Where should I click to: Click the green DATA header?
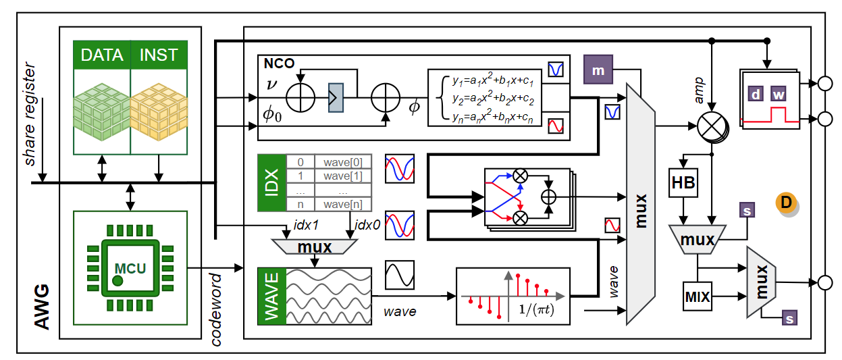(102, 55)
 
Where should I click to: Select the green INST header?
(159, 55)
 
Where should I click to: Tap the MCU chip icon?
(129, 269)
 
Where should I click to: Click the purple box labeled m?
(598, 69)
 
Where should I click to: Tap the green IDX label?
(271, 182)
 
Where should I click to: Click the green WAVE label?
(271, 297)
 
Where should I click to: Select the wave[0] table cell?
(343, 162)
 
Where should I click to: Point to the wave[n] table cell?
(343, 205)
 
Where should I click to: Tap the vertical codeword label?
(217, 309)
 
